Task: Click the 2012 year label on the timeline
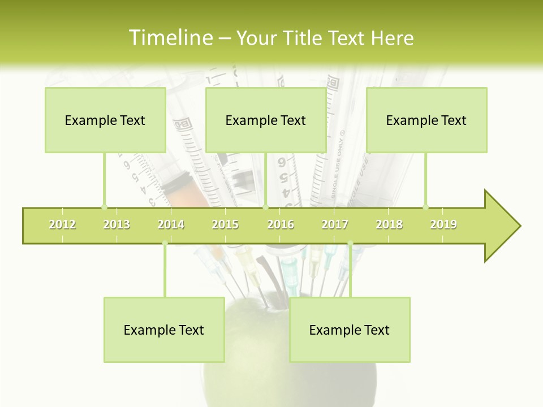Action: click(x=62, y=224)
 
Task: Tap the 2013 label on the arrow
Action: click(x=117, y=224)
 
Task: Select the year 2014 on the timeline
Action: click(x=171, y=224)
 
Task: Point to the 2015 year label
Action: click(x=225, y=224)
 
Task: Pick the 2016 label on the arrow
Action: click(x=281, y=224)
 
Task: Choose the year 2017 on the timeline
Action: click(x=335, y=224)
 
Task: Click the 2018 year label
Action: click(x=389, y=224)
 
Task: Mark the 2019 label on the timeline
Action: click(x=443, y=224)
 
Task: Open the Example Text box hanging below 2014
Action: click(x=164, y=330)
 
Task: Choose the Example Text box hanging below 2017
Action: click(x=350, y=330)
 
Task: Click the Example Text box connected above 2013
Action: click(x=105, y=120)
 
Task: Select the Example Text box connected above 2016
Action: click(x=266, y=120)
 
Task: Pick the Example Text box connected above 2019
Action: click(x=426, y=120)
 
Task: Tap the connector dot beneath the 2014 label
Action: click(x=165, y=244)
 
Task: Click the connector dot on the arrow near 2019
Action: click(x=426, y=207)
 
